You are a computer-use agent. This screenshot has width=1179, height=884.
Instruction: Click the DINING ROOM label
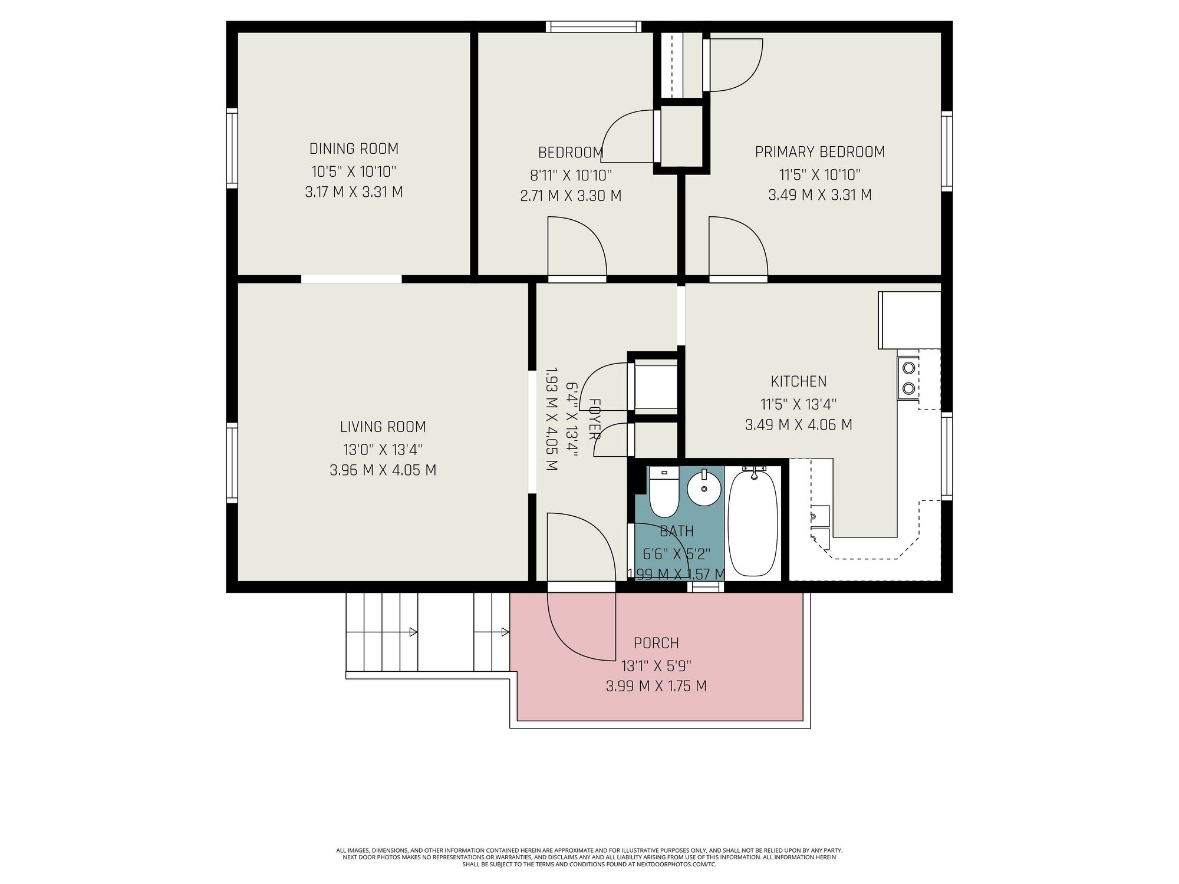(354, 149)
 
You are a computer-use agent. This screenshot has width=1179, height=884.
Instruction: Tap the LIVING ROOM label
(383, 427)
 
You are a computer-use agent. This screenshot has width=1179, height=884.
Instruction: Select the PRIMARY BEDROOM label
(820, 152)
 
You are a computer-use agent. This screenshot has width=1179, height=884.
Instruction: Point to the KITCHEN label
(799, 381)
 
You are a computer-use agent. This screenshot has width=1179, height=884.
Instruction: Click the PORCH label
(656, 643)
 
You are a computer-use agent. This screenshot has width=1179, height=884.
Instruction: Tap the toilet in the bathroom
(664, 493)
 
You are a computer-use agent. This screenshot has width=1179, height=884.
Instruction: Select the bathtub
(753, 522)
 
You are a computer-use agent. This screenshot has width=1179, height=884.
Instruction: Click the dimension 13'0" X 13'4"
(383, 450)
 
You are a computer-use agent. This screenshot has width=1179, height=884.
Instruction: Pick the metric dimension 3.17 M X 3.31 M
(354, 192)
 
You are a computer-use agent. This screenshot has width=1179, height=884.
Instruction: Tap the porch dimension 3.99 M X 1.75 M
(656, 686)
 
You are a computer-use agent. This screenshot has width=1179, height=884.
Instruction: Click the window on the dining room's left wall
(232, 148)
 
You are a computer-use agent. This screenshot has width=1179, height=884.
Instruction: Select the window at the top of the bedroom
(593, 27)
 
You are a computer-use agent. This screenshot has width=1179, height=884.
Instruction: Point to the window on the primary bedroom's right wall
(947, 151)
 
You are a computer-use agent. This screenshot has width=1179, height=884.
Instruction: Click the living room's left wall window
(232, 463)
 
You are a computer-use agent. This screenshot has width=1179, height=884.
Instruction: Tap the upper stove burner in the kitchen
(909, 368)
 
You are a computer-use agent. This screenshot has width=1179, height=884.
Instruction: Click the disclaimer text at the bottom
(589, 857)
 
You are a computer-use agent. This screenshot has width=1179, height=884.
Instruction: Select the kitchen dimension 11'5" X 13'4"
(799, 404)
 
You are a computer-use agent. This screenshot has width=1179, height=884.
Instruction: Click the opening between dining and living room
(351, 279)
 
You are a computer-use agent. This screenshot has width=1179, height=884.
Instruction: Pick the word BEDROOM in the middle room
(571, 153)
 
